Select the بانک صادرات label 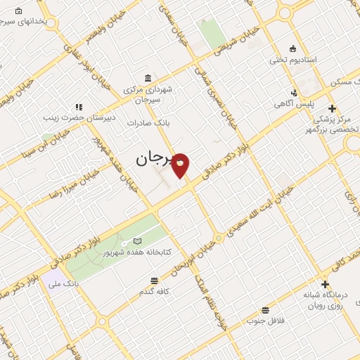[145, 122]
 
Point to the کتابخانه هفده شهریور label [138, 251]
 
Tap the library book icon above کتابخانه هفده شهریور [137, 241]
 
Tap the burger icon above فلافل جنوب [265, 310]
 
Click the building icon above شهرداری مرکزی [146, 78]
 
